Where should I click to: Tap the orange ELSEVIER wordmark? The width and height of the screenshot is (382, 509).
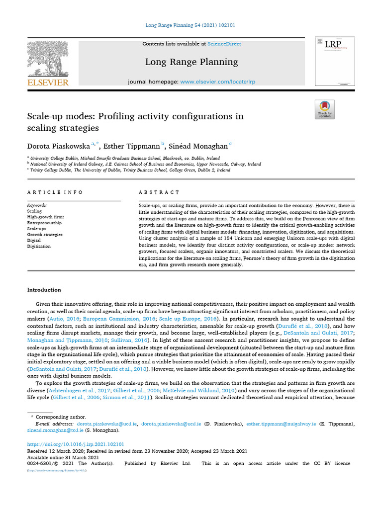coord(47,83)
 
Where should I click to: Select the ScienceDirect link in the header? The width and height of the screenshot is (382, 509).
coord(224,44)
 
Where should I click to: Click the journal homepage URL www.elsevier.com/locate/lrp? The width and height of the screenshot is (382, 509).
coord(218,82)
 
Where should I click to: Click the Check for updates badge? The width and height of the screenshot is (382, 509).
coord(325,109)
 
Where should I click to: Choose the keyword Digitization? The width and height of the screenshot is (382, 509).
coord(39,246)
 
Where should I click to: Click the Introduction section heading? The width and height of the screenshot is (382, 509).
coord(44,290)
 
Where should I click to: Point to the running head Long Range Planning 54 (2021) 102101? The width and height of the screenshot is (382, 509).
coord(191,25)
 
